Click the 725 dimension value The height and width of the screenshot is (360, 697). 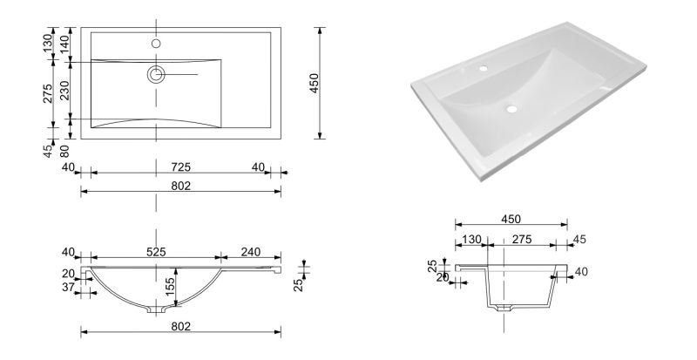181,166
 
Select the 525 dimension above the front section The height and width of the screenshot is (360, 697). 156,252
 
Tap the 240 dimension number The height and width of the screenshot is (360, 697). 251,252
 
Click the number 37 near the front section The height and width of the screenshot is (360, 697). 68,287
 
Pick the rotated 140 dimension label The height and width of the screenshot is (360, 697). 64,44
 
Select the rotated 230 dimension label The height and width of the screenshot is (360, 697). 64,91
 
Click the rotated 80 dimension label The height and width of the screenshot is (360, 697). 64,151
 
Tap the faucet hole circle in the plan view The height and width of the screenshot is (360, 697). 156,44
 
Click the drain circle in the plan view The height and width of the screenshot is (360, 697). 156,74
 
